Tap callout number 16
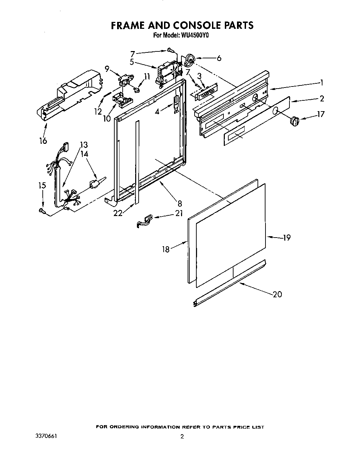tap(43, 141)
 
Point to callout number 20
tap(277, 294)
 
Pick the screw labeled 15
tap(42, 210)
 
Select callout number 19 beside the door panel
tap(286, 238)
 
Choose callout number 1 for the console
tap(322, 83)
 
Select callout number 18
tap(166, 249)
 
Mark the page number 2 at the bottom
tap(181, 437)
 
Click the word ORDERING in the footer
tap(126, 427)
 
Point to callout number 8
tap(180, 204)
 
